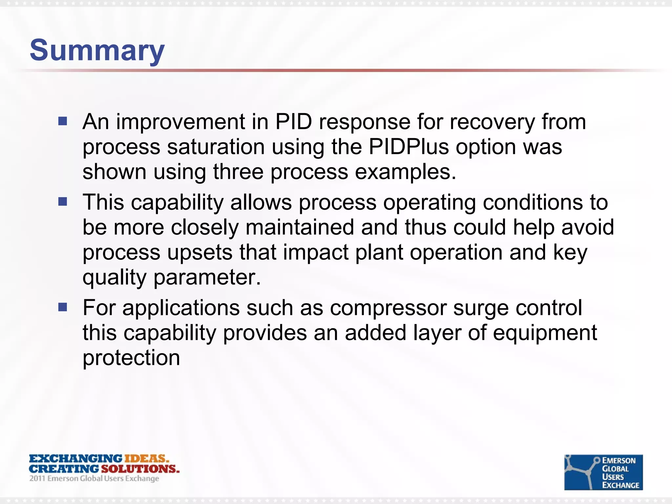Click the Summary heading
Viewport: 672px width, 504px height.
pyautogui.click(x=97, y=50)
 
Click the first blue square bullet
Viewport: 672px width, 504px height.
pyautogui.click(x=63, y=121)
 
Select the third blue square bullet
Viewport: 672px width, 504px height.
pyautogui.click(x=63, y=307)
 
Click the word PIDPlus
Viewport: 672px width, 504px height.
pyautogui.click(x=409, y=147)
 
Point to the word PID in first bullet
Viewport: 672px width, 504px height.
pyautogui.click(x=293, y=122)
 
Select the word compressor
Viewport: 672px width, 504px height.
pyautogui.click(x=388, y=308)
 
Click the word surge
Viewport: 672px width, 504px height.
pyautogui.click(x=481, y=308)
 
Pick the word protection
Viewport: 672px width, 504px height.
pyautogui.click(x=131, y=358)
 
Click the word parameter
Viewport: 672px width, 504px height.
pyautogui.click(x=207, y=277)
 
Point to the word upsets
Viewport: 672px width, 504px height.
pyautogui.click(x=200, y=252)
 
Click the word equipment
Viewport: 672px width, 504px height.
pyautogui.click(x=545, y=333)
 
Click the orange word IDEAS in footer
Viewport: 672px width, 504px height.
pyautogui.click(x=147, y=458)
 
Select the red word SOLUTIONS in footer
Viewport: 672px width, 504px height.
pyautogui.click(x=140, y=469)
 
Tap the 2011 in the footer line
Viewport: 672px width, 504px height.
pyautogui.click(x=37, y=478)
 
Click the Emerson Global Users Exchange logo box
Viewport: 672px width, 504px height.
pyautogui.click(x=603, y=472)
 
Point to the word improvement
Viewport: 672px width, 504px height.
pyautogui.click(x=180, y=122)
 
